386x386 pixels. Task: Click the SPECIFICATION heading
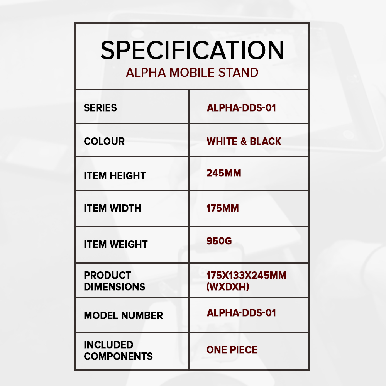[192, 50]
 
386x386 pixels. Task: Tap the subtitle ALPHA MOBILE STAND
[192, 73]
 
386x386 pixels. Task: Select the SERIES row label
[100, 108]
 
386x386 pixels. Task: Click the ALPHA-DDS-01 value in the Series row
[241, 108]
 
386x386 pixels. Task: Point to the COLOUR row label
[104, 141]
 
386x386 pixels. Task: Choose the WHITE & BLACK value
[244, 141]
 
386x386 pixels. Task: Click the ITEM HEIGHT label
[115, 176]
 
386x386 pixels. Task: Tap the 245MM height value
[224, 173]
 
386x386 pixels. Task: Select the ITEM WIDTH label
[112, 208]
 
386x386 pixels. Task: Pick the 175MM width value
[223, 208]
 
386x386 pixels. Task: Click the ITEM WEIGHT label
[116, 244]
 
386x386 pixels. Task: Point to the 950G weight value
[219, 241]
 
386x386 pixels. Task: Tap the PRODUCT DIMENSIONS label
[115, 281]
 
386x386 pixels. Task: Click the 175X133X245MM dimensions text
[246, 276]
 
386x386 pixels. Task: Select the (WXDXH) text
[228, 287]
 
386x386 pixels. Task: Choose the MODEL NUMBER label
[124, 316]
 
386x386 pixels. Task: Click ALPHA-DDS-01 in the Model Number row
[241, 313]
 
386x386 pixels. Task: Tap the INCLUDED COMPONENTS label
[118, 350]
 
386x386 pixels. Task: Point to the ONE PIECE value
[232, 350]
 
